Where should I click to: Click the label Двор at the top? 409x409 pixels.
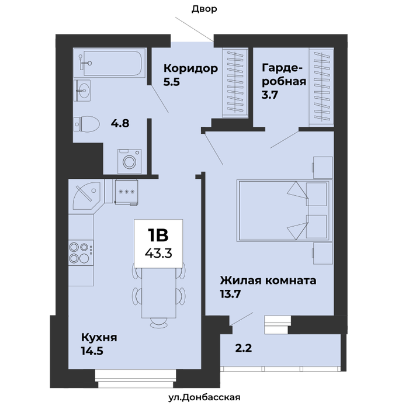[x=204, y=9]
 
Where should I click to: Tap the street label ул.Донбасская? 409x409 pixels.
[x=204, y=397]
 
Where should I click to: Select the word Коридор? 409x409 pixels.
[x=190, y=68]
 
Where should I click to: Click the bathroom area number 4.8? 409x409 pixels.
[x=120, y=123]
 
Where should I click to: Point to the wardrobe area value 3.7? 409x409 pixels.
[x=270, y=95]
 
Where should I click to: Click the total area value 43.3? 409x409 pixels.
[x=158, y=253]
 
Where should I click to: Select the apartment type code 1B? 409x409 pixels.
[x=158, y=235]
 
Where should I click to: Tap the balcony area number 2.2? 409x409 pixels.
[x=244, y=348]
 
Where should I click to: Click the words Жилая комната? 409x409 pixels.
[x=268, y=280]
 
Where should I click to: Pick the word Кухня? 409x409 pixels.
[x=99, y=338]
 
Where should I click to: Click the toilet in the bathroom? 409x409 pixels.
[x=86, y=124]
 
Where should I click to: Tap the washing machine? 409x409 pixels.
[x=129, y=161]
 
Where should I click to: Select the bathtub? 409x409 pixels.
[x=109, y=63]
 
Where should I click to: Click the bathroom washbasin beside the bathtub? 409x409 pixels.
[x=82, y=91]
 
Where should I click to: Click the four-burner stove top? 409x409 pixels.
[x=81, y=252]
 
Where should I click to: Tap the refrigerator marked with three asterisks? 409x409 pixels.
[x=126, y=192]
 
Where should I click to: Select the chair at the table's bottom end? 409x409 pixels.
[x=158, y=323]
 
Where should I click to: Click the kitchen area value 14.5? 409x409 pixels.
[x=92, y=351]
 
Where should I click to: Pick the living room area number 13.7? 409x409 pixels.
[x=230, y=294]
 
